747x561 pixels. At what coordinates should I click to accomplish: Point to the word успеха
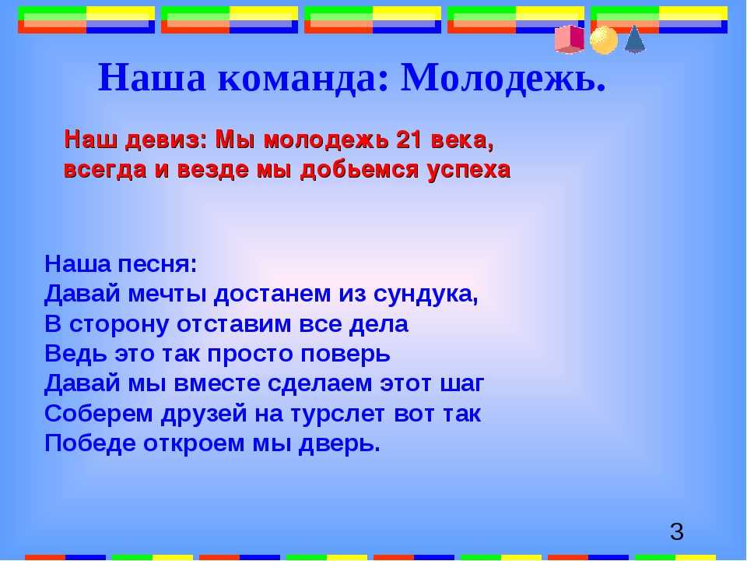(468, 171)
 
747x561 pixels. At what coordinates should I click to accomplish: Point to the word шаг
(461, 384)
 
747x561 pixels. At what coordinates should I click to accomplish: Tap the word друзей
(204, 414)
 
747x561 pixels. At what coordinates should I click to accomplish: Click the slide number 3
(676, 532)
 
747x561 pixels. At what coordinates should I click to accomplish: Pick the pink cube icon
(570, 40)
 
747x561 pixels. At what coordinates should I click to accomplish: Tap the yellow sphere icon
(604, 40)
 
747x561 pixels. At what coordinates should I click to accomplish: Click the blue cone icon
(635, 39)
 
